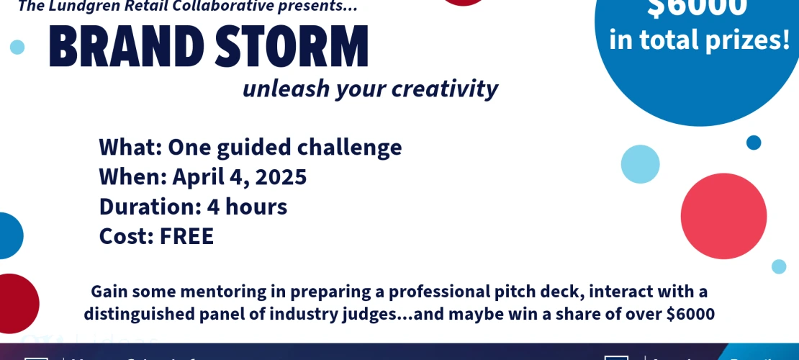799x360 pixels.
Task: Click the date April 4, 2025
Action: tap(240, 177)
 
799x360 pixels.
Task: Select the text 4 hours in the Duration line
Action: tap(247, 207)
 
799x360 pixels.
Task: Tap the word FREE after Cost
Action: tap(186, 236)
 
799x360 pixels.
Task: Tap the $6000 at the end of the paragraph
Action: tap(690, 314)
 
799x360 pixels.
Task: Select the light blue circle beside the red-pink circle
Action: tap(640, 164)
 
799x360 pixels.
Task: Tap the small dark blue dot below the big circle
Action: tap(754, 143)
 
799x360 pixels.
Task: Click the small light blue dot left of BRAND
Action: tap(17, 48)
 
